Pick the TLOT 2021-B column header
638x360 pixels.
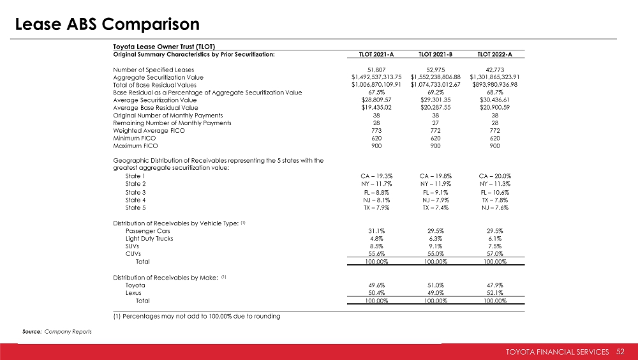pyautogui.click(x=433, y=54)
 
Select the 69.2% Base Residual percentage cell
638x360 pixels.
pyautogui.click(x=433, y=92)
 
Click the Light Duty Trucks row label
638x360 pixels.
pyautogui.click(x=149, y=238)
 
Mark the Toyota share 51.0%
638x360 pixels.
pyautogui.click(x=433, y=285)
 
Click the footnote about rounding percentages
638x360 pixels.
pyautogui.click(x=197, y=316)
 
